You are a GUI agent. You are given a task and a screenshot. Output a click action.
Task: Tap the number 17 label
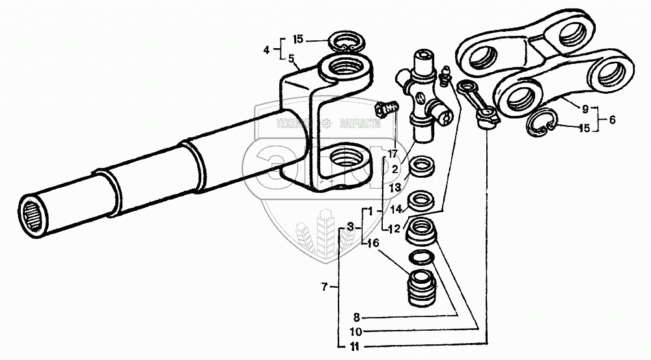pos(393,154)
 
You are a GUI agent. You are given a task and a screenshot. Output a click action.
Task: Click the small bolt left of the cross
pos(386,108)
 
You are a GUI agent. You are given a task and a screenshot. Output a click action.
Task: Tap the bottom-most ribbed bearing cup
pos(423,286)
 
